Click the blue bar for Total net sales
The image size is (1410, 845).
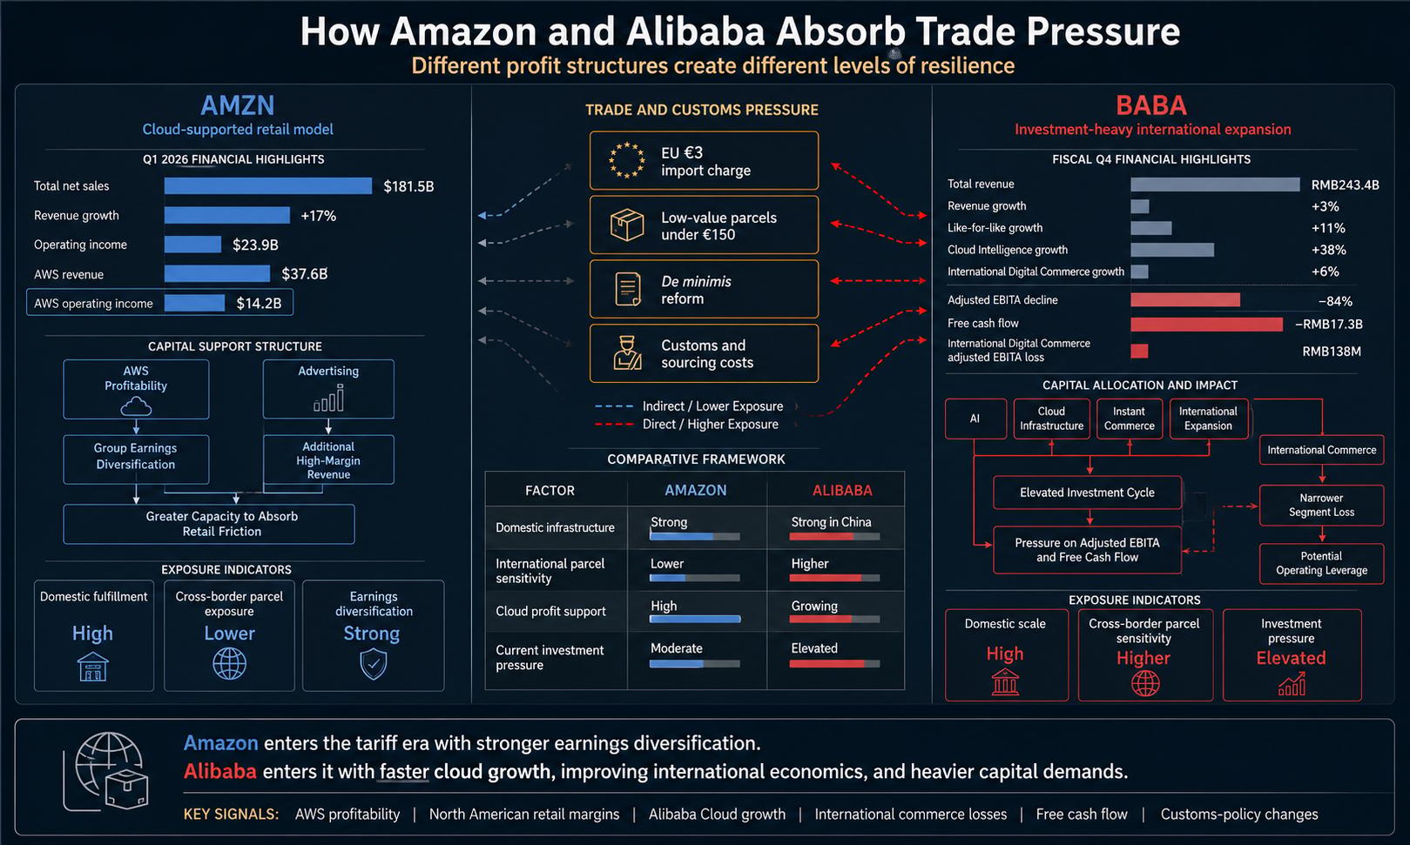(x=268, y=185)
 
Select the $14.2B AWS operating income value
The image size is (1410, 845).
(x=259, y=303)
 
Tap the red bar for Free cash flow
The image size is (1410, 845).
(x=1206, y=324)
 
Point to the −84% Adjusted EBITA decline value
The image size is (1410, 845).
(x=1335, y=301)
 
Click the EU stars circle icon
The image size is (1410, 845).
(x=627, y=160)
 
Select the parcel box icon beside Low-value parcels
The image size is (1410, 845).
(x=627, y=225)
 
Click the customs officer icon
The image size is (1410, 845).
(x=627, y=352)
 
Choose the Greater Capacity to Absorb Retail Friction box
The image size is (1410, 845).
(x=209, y=524)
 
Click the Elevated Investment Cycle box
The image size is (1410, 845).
(x=1087, y=493)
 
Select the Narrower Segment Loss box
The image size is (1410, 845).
(x=1321, y=506)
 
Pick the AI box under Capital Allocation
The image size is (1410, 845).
(x=975, y=419)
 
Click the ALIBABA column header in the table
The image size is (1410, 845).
(x=842, y=490)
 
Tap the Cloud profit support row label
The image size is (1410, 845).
(x=550, y=611)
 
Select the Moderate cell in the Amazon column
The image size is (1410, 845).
(x=677, y=648)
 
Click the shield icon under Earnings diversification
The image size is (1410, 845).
(x=374, y=664)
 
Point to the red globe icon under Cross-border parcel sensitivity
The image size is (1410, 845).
(x=1145, y=683)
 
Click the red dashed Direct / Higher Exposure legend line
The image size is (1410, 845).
(x=614, y=425)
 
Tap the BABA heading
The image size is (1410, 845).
(x=1151, y=105)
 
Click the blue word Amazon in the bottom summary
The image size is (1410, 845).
(x=220, y=743)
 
